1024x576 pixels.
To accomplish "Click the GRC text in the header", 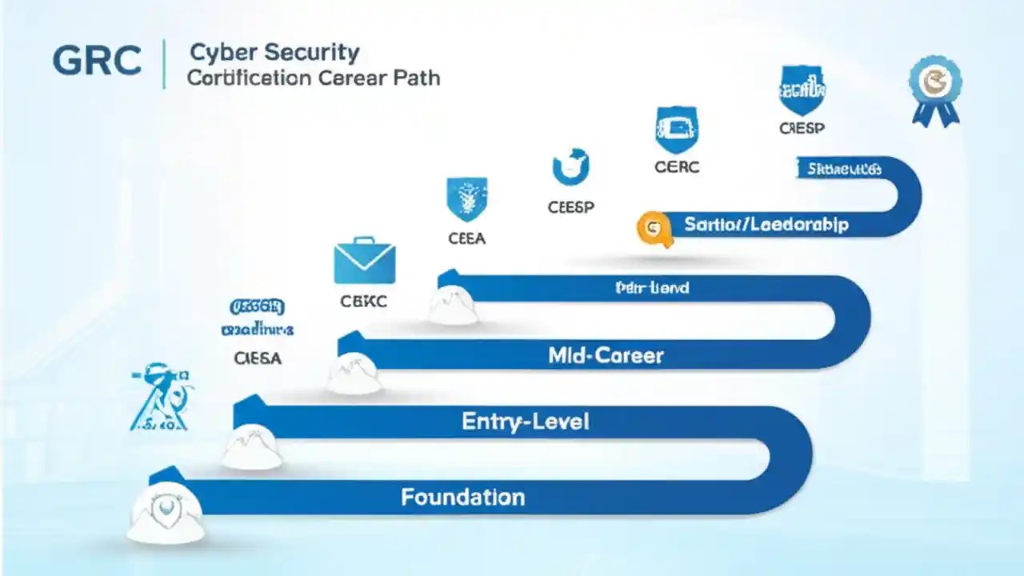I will (x=96, y=62).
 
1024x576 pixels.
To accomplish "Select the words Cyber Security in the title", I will (x=274, y=54).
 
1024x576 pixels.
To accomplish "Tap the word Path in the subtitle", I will (x=414, y=78).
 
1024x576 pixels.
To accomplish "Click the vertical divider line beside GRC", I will (x=164, y=63).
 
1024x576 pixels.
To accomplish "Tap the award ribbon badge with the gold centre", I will (x=935, y=89).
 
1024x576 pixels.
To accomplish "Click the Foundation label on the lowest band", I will (x=462, y=497).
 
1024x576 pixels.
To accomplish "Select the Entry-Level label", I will (x=525, y=422).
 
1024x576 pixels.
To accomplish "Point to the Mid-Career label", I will (x=606, y=355).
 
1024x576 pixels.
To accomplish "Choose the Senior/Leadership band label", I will (x=766, y=225).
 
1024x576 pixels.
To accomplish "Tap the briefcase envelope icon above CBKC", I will (x=364, y=261).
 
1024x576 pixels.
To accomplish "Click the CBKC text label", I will (x=364, y=302).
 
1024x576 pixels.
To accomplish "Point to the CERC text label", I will (x=677, y=166).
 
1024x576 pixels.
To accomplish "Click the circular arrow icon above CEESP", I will (x=570, y=167).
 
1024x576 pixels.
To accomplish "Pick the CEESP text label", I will (x=570, y=207).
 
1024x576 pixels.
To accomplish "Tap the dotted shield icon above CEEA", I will (x=467, y=199).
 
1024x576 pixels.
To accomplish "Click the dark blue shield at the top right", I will (x=802, y=90).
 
